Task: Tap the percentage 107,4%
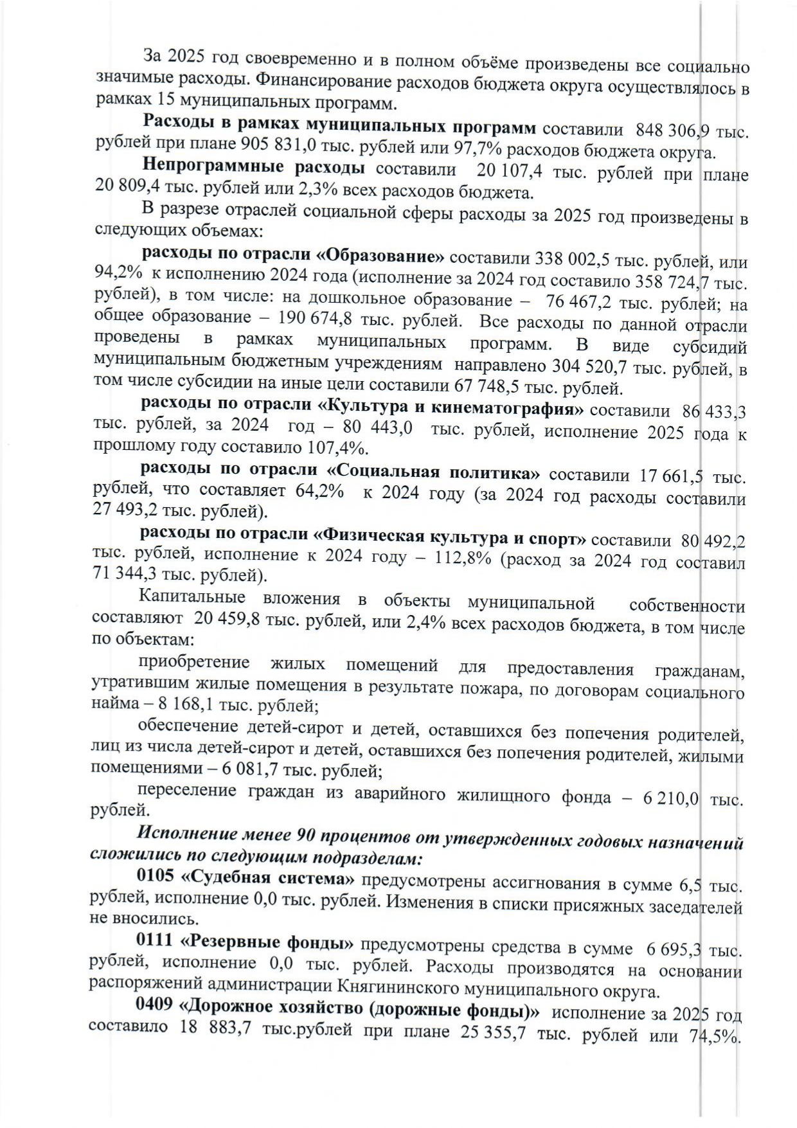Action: click(x=357, y=446)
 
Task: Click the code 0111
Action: click(x=155, y=942)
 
